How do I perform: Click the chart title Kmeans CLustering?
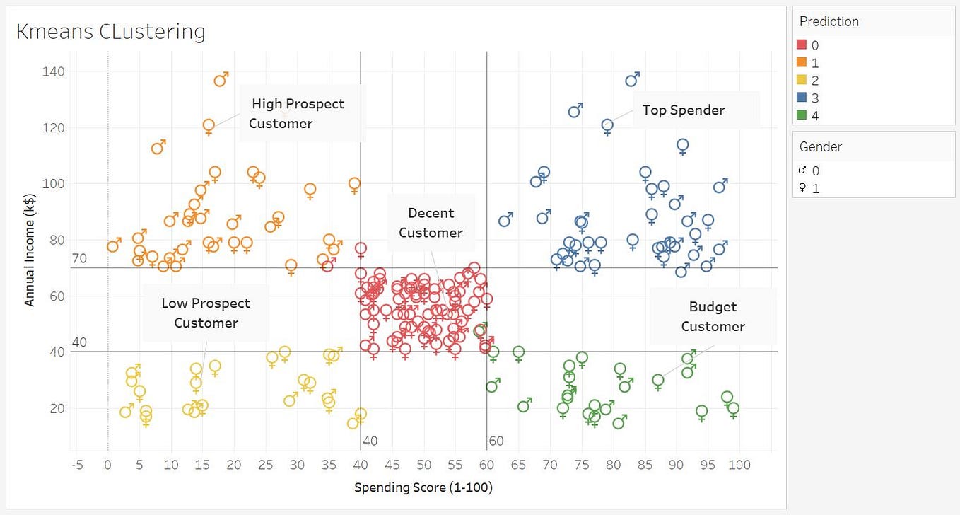coord(110,32)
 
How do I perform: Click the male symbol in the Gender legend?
coord(803,170)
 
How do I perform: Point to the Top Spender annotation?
coord(683,110)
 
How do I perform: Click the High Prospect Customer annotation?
coord(298,113)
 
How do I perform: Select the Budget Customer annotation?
coord(713,316)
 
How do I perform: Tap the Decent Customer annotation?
coord(431,223)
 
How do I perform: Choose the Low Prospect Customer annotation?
coord(206,313)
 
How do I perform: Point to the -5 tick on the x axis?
coord(77,465)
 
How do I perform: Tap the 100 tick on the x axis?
coord(739,465)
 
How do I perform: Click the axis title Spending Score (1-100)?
coord(423,487)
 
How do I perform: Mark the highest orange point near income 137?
coord(220,81)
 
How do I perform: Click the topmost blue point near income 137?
coord(631,81)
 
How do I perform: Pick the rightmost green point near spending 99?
coord(733,408)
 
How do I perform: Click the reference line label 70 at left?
coord(79,259)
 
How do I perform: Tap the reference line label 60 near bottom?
coord(496,441)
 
